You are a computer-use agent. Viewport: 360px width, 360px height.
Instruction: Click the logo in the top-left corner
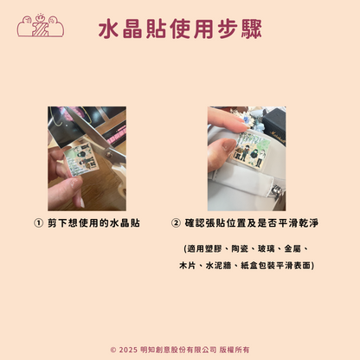point(41,25)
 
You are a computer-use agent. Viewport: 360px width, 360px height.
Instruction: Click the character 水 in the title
point(108,31)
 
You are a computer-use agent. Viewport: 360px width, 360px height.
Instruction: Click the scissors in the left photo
point(111,152)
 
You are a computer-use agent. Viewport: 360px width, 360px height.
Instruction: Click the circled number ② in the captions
point(177,222)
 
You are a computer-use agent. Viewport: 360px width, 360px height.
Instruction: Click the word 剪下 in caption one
point(59,222)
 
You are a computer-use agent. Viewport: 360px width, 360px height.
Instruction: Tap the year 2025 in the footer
point(130,350)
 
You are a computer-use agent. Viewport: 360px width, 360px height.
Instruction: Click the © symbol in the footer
point(113,350)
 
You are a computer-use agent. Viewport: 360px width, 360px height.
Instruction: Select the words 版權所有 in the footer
point(234,350)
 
